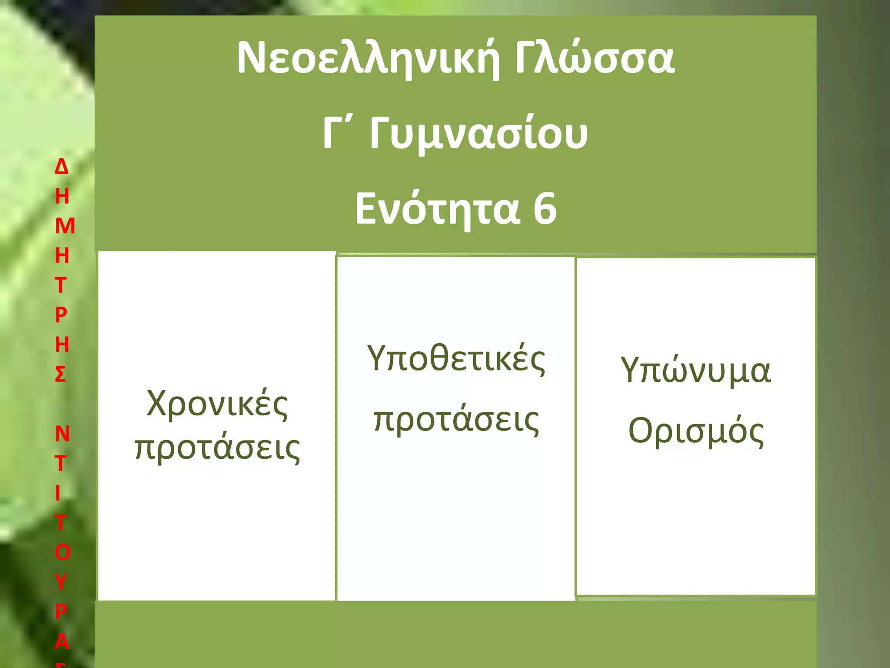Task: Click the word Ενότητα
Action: coord(437,209)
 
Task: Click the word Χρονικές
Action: coord(217,404)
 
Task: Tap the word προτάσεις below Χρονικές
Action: coord(217,448)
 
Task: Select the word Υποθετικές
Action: coord(456,359)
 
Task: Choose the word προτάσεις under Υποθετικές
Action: coord(456,420)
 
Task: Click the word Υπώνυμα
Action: coord(696,371)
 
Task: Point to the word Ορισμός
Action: coord(696,431)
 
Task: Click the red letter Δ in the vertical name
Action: coord(62,167)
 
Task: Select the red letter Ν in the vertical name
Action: coord(63,434)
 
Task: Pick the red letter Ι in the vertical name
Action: coord(58,493)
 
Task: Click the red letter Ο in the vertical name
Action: coord(63,552)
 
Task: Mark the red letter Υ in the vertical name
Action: coord(61,582)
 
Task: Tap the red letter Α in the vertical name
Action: coord(62,641)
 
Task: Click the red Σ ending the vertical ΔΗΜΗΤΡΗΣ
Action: coord(60,374)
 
